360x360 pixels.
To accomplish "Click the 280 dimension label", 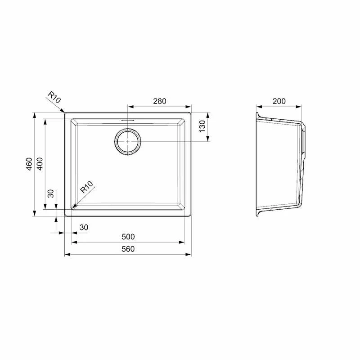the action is (160, 101).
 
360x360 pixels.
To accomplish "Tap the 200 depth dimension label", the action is (279, 101).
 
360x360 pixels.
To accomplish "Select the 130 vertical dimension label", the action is (202, 126).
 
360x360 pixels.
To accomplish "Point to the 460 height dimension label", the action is (29, 164).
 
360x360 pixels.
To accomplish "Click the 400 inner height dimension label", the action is (40, 164).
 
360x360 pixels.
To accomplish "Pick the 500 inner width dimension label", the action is (128, 237).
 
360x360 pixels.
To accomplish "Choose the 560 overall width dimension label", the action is (128, 249).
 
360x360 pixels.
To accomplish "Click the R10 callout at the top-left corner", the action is (54, 97).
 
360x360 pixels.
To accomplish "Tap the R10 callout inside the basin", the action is (86, 187).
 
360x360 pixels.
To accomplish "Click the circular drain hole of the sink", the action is (128, 142).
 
